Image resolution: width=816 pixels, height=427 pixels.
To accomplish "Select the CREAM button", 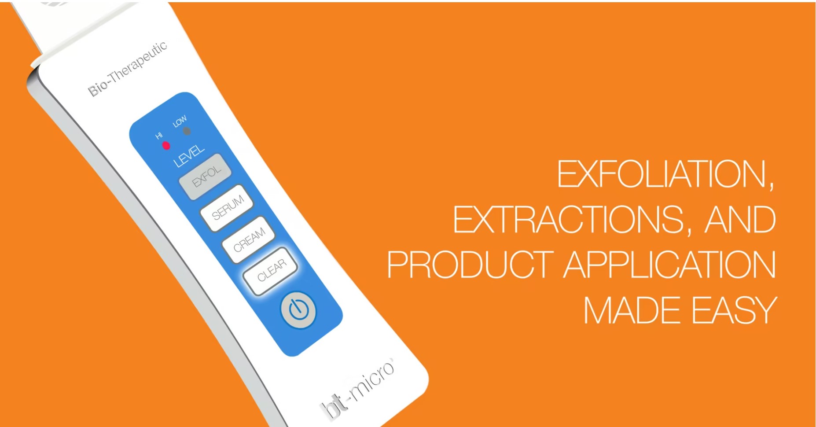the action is [x=249, y=239].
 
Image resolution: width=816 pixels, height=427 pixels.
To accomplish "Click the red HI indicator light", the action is [x=166, y=145].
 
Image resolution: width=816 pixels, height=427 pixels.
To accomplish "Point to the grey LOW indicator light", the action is [x=187, y=131].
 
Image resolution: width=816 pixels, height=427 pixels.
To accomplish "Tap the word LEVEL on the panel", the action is [x=189, y=156].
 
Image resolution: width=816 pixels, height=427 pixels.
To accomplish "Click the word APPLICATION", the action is [x=670, y=265].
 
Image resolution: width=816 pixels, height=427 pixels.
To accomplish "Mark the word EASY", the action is [x=735, y=310].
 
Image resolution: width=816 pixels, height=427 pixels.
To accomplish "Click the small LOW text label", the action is [x=180, y=121].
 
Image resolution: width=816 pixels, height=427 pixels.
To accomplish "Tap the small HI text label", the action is [x=159, y=136].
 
